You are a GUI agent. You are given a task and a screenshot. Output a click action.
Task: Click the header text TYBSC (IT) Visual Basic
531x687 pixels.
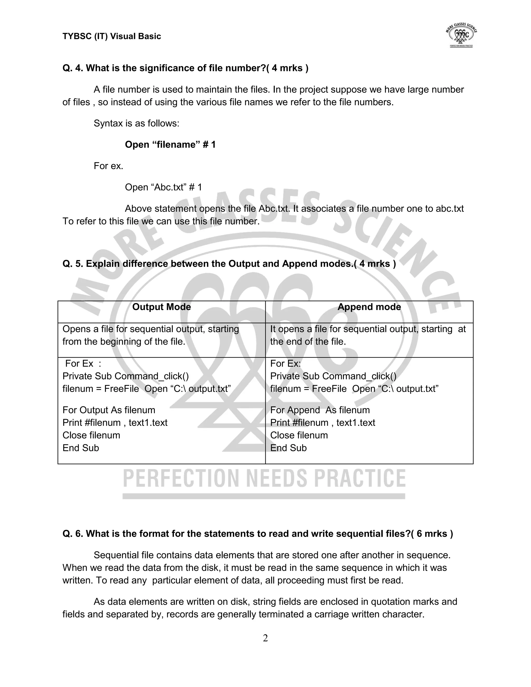112,37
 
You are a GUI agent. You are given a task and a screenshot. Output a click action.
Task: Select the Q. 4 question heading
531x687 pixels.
185,68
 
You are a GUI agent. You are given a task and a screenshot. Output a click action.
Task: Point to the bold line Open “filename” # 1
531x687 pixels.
170,145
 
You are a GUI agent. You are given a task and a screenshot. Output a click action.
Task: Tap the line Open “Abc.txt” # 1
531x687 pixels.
163,187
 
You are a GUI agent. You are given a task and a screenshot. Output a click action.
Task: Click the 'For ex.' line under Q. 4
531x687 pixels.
108,166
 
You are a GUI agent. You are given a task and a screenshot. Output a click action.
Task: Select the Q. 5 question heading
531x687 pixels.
229,264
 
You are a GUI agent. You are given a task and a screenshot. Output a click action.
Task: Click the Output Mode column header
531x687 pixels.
161,307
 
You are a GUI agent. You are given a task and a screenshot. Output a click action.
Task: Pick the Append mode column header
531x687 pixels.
369,307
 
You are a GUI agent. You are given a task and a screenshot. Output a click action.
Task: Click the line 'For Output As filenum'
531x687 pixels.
109,410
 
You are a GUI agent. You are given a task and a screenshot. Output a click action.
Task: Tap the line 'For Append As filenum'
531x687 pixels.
320,410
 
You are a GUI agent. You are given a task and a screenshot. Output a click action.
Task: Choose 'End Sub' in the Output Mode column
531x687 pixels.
81,448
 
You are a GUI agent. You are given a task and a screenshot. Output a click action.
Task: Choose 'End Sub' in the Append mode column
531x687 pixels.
289,448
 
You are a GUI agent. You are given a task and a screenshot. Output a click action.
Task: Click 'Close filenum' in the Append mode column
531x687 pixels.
299,435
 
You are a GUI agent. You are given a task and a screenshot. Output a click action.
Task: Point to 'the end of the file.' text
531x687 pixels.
308,342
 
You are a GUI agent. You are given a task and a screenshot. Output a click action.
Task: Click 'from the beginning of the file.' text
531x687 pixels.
124,342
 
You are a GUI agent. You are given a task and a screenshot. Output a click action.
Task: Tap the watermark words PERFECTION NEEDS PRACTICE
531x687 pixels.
264,479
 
